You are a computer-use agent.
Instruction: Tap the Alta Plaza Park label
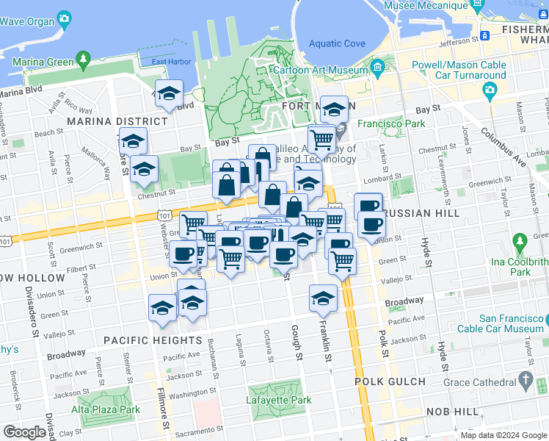(106, 409)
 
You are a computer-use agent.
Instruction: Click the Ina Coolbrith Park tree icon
(520, 241)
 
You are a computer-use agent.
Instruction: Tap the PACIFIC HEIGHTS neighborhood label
(152, 340)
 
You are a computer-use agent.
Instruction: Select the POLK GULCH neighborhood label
(390, 381)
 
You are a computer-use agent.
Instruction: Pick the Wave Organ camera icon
(65, 18)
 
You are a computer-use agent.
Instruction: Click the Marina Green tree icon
(83, 57)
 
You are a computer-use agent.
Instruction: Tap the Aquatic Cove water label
(338, 43)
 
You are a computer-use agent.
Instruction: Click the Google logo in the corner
(24, 432)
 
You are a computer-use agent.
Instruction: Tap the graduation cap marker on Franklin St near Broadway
(321, 298)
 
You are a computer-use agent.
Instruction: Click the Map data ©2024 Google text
(504, 435)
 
